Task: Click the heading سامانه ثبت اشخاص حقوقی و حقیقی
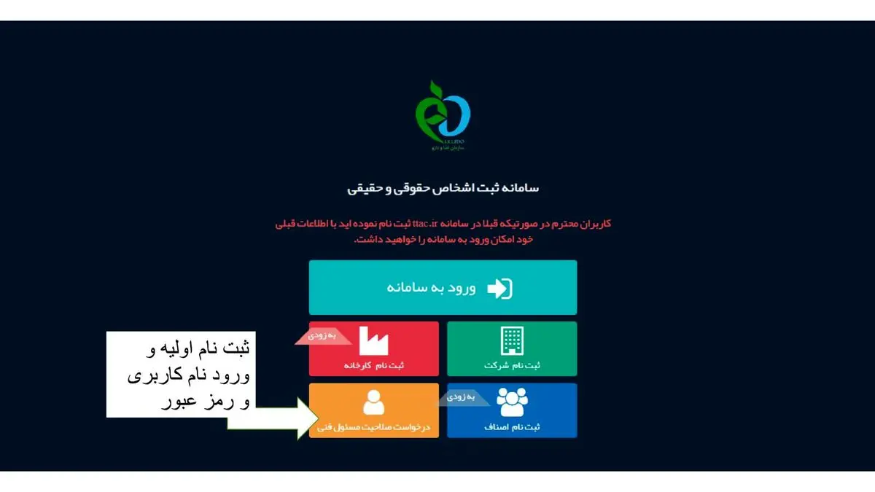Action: (443, 188)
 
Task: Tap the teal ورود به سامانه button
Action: (443, 287)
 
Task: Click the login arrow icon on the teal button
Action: (499, 288)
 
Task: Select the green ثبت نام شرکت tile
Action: (511, 348)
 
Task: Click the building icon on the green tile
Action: (512, 340)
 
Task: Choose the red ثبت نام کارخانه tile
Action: (374, 348)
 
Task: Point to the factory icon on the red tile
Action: (374, 341)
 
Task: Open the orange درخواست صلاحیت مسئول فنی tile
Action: (374, 410)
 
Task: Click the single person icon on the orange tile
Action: (374, 402)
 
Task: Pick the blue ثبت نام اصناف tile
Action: (511, 410)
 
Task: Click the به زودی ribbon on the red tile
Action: (321, 336)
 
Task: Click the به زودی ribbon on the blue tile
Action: (460, 398)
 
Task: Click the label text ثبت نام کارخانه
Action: (374, 364)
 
